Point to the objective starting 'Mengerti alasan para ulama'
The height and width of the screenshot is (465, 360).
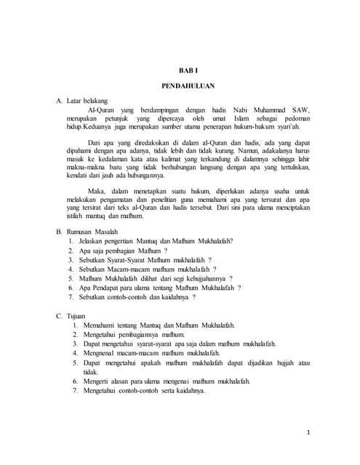[167, 381]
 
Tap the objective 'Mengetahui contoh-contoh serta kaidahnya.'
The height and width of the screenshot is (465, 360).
[144, 390]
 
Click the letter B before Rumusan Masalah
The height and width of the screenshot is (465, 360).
[59, 231]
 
